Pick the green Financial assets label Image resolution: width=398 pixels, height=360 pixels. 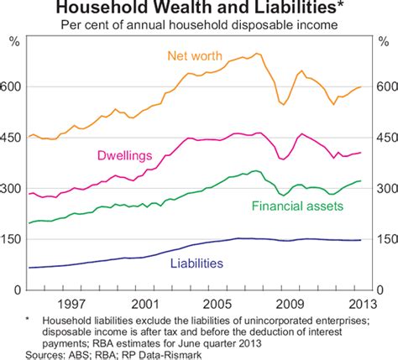coord(291,205)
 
